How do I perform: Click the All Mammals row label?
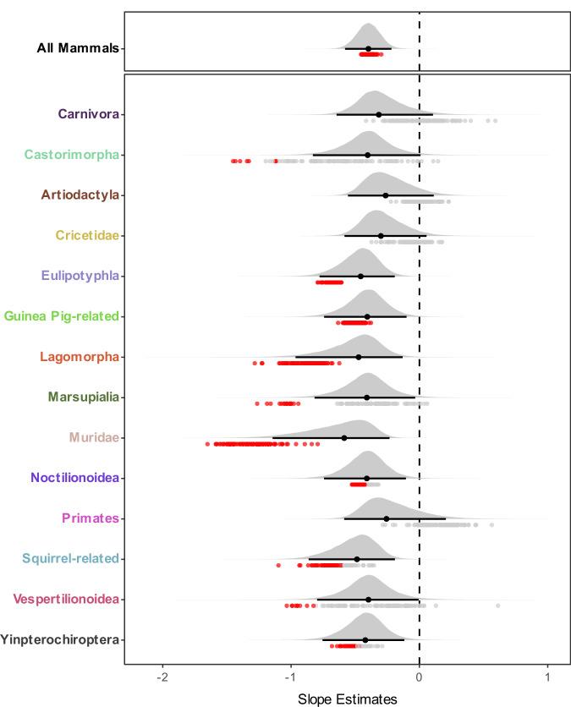[79, 48]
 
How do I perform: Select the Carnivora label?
[88, 113]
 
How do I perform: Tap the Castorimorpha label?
[71, 154]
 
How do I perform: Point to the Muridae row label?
[94, 437]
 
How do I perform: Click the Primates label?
[91, 518]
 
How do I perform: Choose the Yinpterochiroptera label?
[59, 639]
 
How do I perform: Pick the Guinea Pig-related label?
[61, 315]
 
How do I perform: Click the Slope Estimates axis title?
[347, 699]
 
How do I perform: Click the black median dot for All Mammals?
[368, 48]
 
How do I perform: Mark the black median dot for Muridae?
[344, 437]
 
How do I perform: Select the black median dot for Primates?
[387, 518]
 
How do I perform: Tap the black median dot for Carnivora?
[378, 114]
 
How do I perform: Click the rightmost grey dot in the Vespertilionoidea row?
[497, 606]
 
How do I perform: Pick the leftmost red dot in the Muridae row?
[207, 443]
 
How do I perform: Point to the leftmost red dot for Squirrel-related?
[278, 564]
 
